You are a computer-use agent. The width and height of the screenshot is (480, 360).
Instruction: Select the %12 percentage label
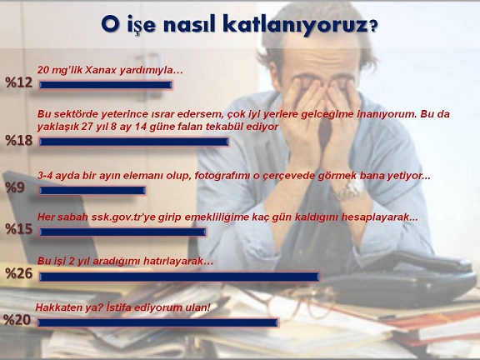pyautogui.click(x=18, y=82)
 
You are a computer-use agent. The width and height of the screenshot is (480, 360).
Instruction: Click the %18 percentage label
pyautogui.click(x=18, y=140)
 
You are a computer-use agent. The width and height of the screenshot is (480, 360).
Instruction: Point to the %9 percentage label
pyautogui.click(x=15, y=187)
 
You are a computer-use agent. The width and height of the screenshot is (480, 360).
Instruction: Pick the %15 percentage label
pyautogui.click(x=18, y=228)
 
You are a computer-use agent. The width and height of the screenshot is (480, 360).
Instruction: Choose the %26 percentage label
pyautogui.click(x=18, y=273)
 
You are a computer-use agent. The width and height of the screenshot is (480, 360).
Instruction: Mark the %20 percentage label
pyautogui.click(x=17, y=320)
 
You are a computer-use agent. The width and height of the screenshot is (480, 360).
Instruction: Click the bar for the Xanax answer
pyautogui.click(x=106, y=85)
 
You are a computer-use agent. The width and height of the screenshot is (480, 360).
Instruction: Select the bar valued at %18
pyautogui.click(x=134, y=142)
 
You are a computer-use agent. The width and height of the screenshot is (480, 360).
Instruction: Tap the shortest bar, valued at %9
pyautogui.click(x=92, y=190)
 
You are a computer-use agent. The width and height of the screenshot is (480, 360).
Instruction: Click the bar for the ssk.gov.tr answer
pyautogui.click(x=122, y=232)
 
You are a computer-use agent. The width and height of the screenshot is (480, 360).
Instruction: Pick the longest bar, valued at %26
pyautogui.click(x=179, y=277)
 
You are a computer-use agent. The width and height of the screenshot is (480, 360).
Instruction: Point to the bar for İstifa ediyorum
pyautogui.click(x=157, y=322)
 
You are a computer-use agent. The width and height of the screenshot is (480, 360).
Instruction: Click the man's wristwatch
pyautogui.click(x=349, y=190)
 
